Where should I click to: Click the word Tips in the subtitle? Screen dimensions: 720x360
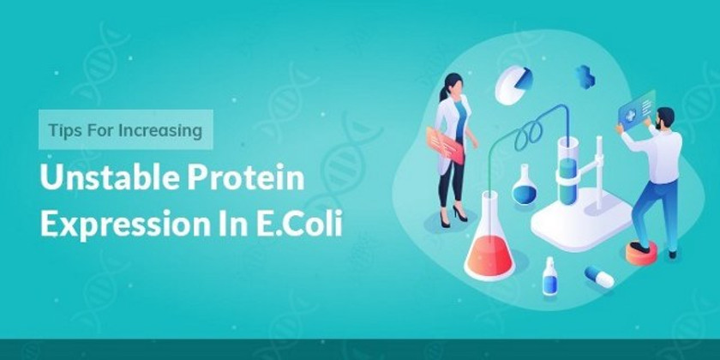pos(61,130)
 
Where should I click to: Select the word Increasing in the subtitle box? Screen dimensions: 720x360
pos(160,131)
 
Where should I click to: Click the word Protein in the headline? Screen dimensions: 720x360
pos(246,177)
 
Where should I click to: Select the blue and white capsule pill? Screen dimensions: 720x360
pos(599,277)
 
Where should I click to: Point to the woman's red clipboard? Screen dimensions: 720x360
pos(445,146)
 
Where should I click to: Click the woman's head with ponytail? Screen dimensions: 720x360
pos(452,86)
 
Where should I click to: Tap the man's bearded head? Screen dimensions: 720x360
pos(665,118)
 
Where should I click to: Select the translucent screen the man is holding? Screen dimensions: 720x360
pos(636,106)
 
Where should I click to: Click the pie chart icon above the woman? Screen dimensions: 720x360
pos(513,85)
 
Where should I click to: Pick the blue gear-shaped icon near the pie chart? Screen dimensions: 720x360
pos(585,77)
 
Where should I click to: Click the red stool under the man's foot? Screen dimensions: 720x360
pos(641,254)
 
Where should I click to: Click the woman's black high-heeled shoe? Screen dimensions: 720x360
pos(459,213)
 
